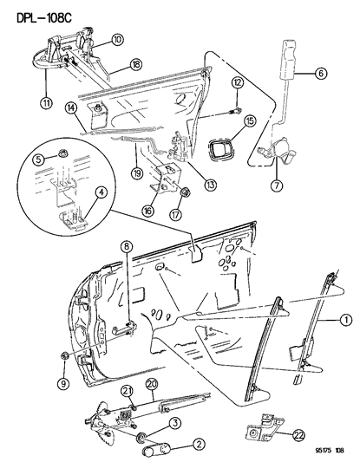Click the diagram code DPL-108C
click(x=44, y=18)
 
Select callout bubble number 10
click(x=117, y=40)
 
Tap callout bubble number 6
click(x=320, y=73)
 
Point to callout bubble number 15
click(x=250, y=120)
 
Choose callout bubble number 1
click(x=346, y=320)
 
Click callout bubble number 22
click(x=298, y=435)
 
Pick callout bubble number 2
click(x=199, y=445)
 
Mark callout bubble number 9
click(x=64, y=383)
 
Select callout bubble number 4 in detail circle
click(x=101, y=192)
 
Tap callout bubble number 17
click(x=175, y=214)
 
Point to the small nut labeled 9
click(x=64, y=355)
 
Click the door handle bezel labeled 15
click(x=219, y=147)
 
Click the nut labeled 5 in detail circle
click(x=62, y=153)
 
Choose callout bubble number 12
click(x=238, y=82)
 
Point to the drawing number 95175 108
click(x=328, y=450)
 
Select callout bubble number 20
click(x=153, y=385)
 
